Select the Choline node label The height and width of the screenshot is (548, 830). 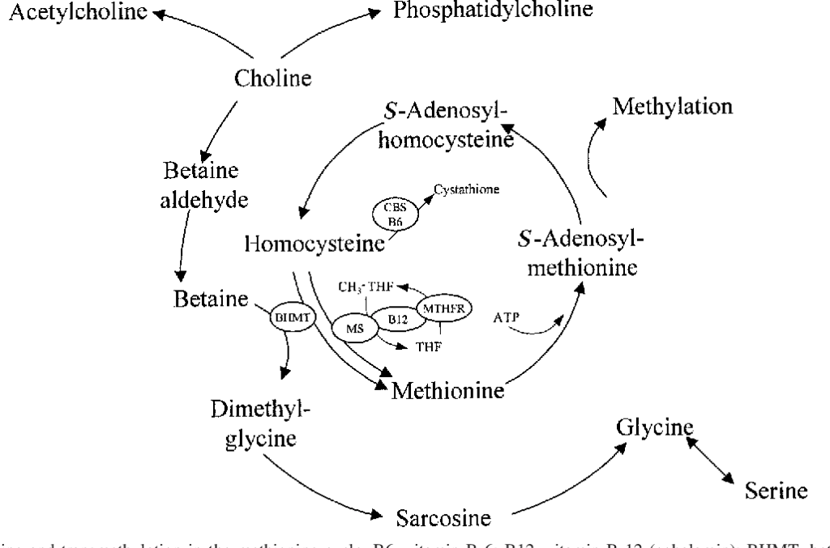click(x=273, y=79)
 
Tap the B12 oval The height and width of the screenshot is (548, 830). click(x=397, y=321)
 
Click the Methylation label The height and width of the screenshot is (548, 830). click(x=673, y=107)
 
